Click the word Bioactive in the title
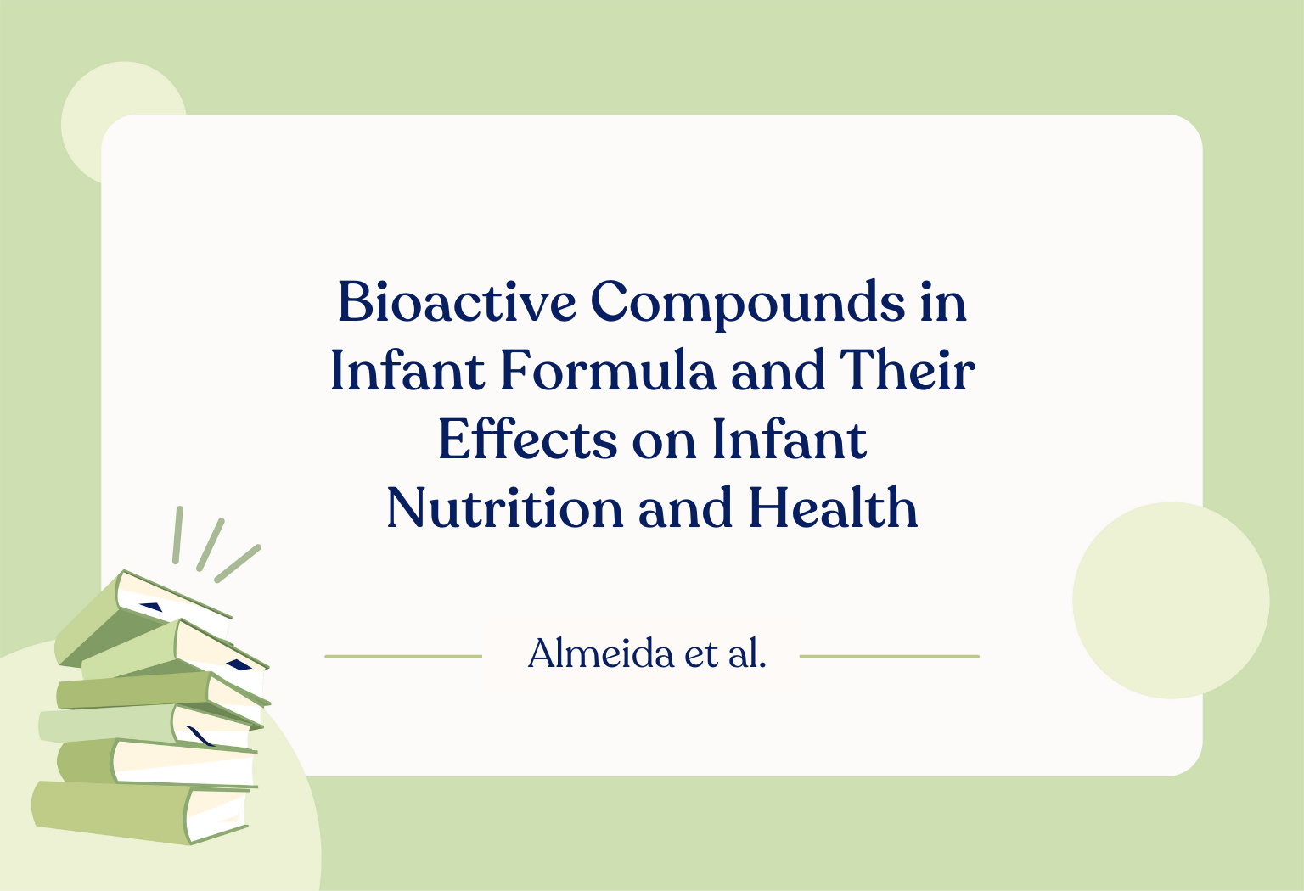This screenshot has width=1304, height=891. coord(457,301)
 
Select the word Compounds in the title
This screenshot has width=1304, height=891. coord(747,305)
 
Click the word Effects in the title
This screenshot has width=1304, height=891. coord(527,439)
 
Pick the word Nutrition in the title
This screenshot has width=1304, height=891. coord(505,507)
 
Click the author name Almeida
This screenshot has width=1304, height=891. coord(601,653)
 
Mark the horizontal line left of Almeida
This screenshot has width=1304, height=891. coord(403,657)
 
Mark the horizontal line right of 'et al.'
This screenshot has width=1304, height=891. coord(890,657)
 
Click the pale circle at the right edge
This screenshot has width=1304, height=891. coord(1171,600)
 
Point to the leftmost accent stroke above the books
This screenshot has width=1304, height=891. coord(177,535)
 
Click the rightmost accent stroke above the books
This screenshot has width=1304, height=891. coord(238,563)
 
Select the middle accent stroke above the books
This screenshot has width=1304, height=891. coord(211,545)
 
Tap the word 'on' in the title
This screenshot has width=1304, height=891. coord(664,444)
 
